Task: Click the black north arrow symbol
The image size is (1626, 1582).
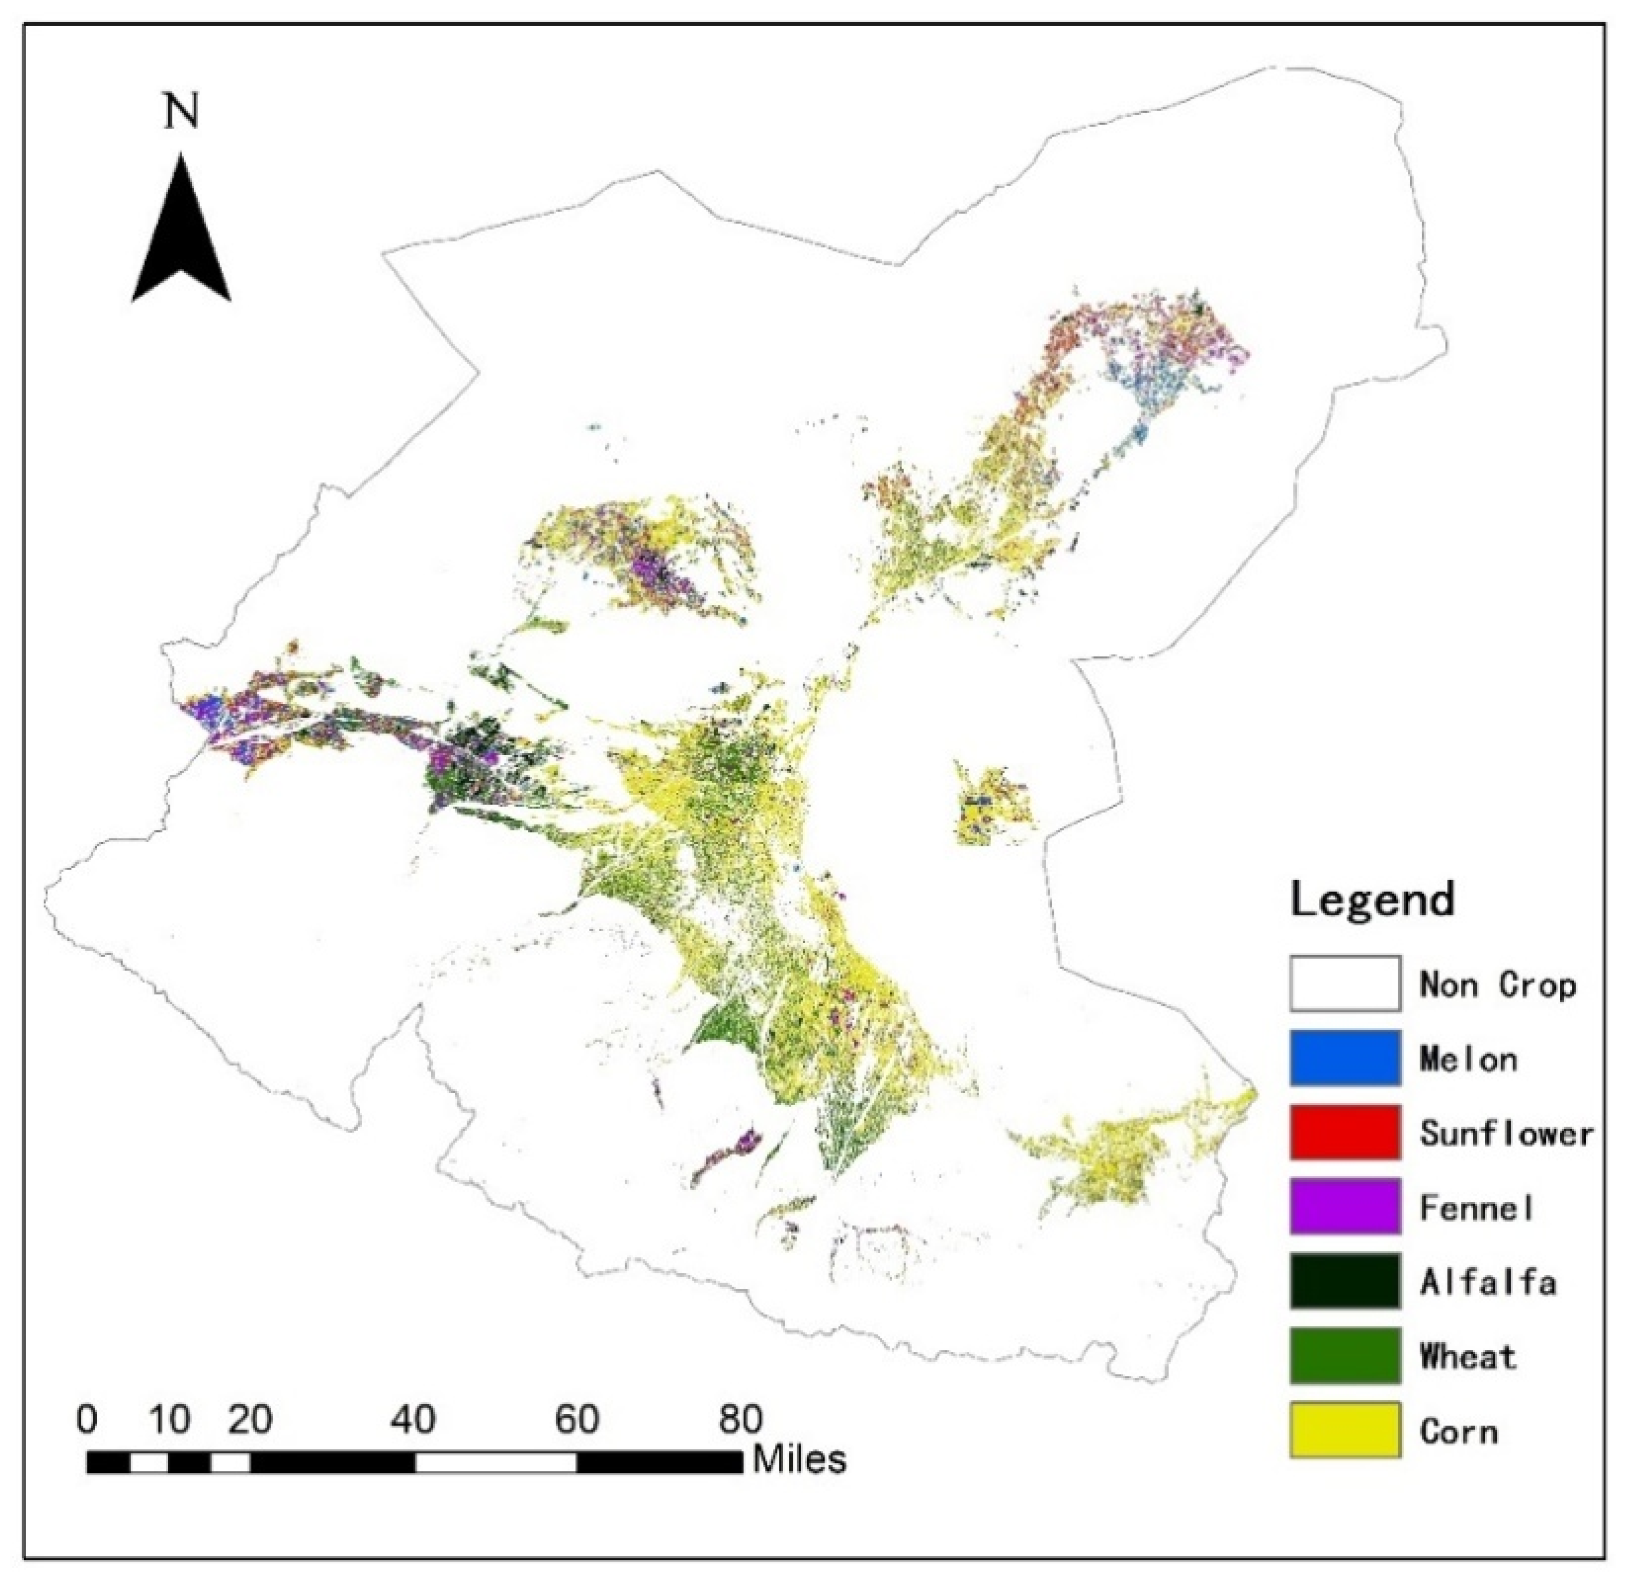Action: [181, 241]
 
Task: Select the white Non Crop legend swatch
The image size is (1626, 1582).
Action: [1345, 984]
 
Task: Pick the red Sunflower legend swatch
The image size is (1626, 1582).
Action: [1345, 1132]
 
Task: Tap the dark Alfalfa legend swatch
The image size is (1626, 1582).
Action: [1345, 1281]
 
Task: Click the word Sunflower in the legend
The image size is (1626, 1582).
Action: [1506, 1133]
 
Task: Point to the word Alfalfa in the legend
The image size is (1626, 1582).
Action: [1487, 1282]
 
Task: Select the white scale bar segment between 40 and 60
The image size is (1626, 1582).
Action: [496, 1462]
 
